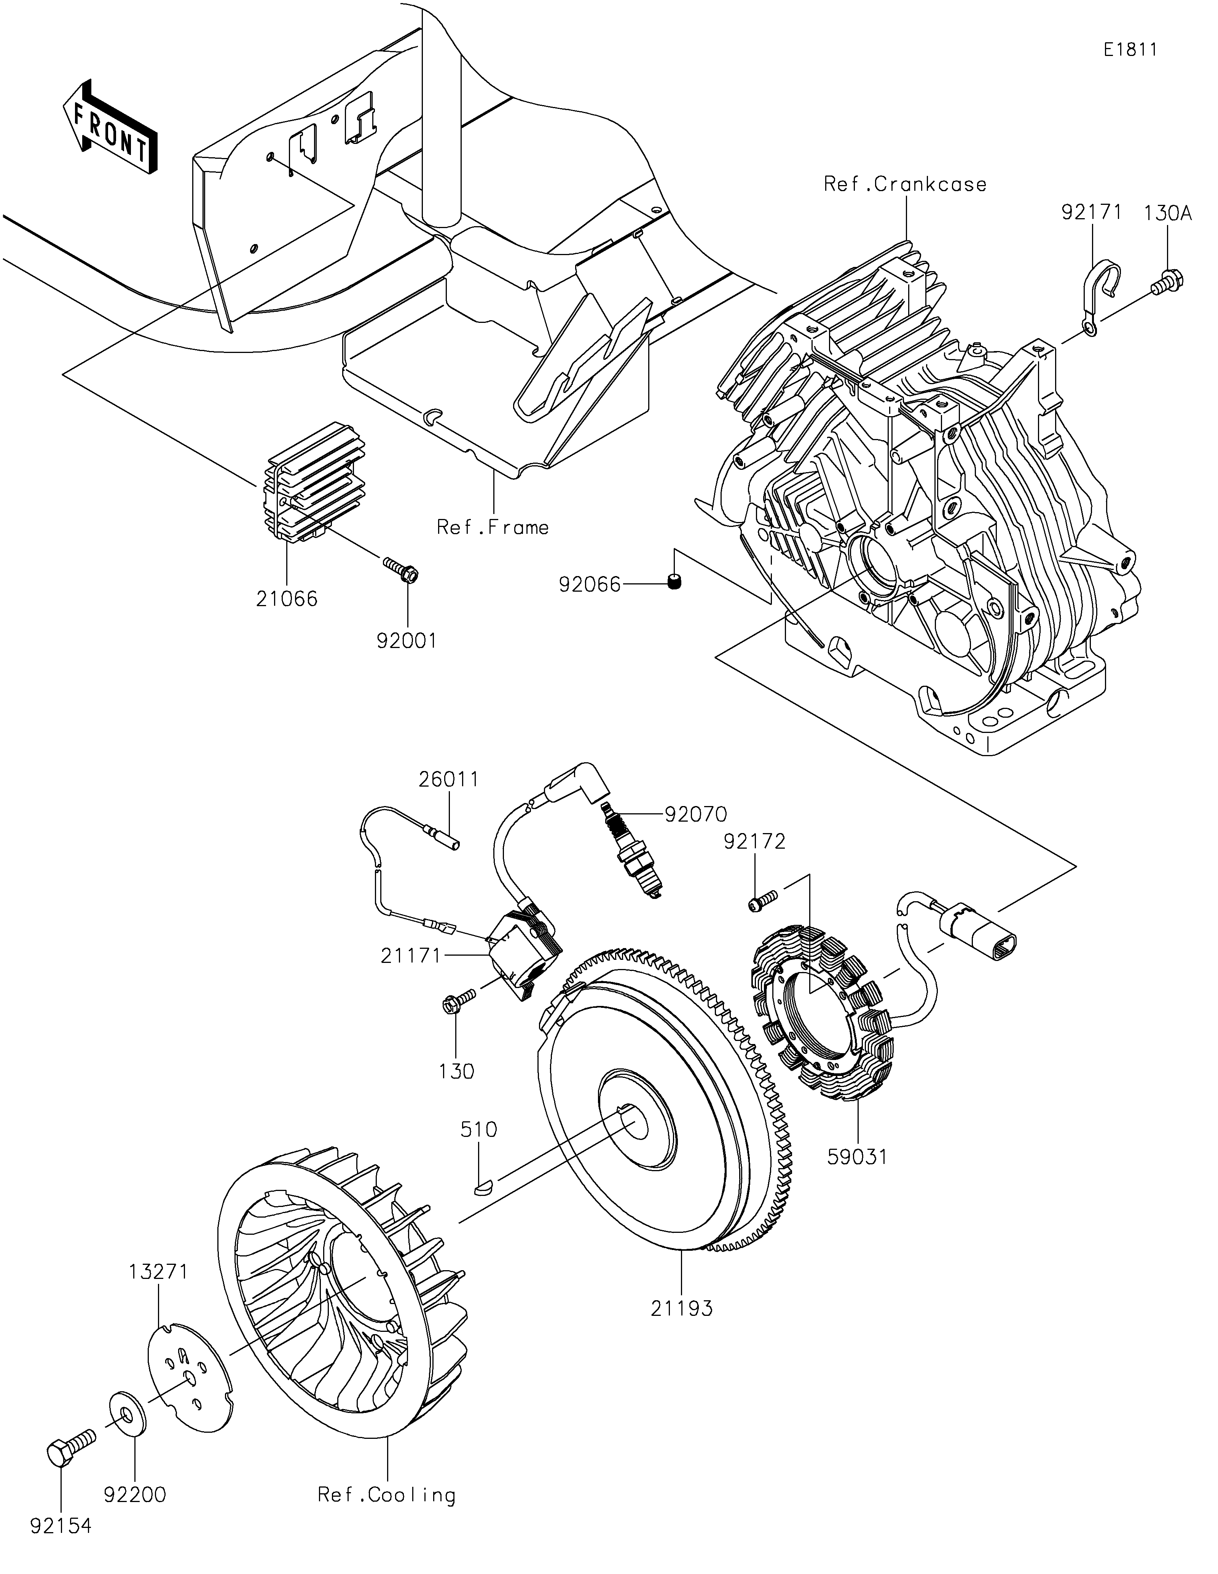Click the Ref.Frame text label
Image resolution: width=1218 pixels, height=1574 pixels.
point(493,528)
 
